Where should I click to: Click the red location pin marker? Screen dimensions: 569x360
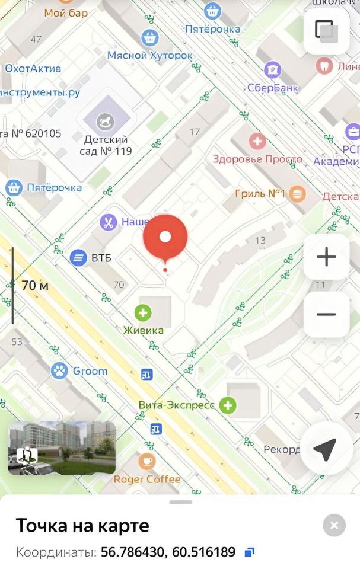(x=165, y=237)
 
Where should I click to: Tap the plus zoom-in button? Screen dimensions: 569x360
(x=326, y=257)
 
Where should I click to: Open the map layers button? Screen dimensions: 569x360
(x=326, y=30)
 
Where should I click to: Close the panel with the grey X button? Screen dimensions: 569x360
(x=334, y=525)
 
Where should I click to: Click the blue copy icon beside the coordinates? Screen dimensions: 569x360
(x=250, y=552)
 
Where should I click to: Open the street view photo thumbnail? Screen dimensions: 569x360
(x=62, y=448)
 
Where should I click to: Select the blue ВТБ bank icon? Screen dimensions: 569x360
(x=78, y=258)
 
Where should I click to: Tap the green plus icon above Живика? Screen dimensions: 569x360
(x=142, y=312)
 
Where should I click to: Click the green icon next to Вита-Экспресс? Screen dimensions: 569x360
(x=228, y=405)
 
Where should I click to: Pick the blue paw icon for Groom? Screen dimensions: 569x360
(x=59, y=371)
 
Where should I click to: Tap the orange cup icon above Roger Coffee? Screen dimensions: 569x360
(x=147, y=461)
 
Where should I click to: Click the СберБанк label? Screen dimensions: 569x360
(x=273, y=88)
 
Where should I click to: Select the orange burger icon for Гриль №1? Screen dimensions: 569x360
(x=298, y=193)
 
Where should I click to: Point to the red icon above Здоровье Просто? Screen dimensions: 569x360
(x=257, y=142)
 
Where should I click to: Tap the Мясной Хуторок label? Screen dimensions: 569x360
(x=150, y=55)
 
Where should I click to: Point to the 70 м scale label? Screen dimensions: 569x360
(x=35, y=285)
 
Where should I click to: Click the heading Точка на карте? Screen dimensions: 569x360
(x=82, y=525)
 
